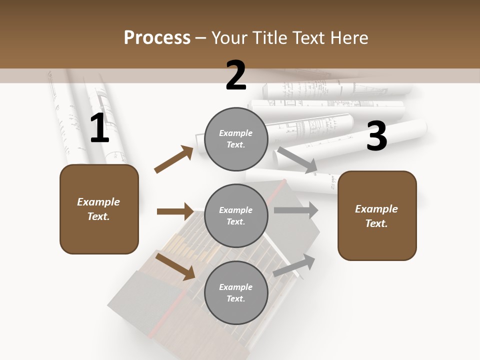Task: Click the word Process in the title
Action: coord(157,37)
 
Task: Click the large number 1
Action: coord(99,128)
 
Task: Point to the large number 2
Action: coord(236,76)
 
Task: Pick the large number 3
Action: coord(376,136)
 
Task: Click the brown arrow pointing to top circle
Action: coord(174,159)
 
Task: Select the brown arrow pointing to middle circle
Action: coord(175,211)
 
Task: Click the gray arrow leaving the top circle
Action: coord(297,160)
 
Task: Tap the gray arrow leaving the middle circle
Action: coord(296,210)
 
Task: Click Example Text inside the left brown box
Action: coord(98,209)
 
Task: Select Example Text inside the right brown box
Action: coord(376,216)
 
